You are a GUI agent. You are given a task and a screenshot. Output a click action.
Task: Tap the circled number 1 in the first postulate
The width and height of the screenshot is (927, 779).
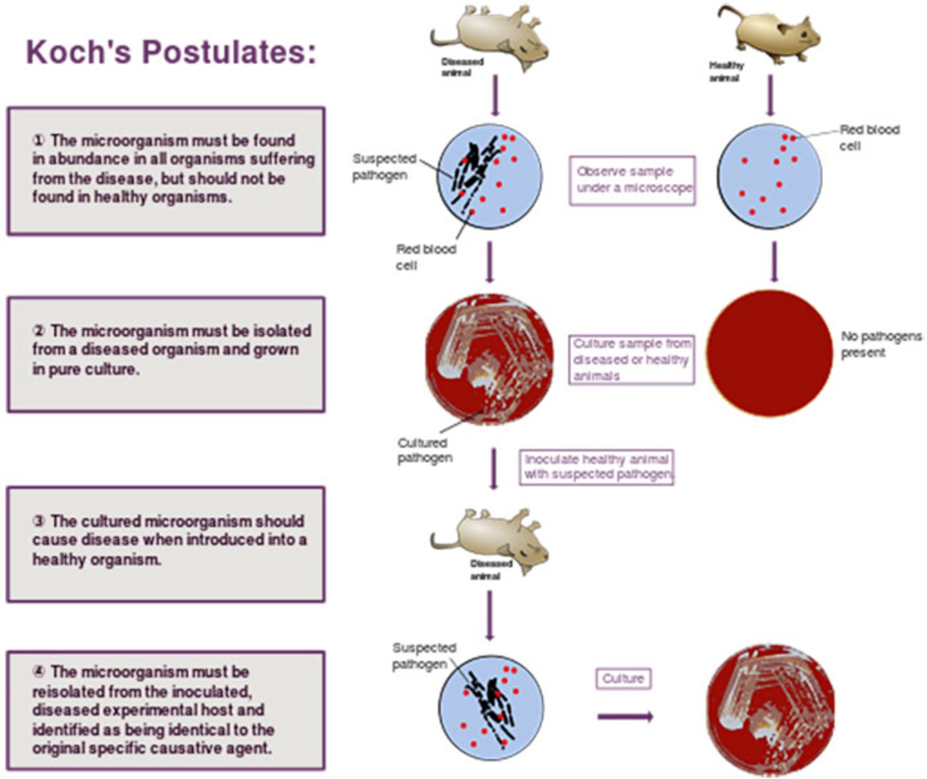pos(39,141)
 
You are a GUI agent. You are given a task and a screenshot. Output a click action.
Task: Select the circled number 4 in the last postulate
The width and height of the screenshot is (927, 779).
pos(39,672)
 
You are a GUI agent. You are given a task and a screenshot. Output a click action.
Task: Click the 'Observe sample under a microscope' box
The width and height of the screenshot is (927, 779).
pos(632,180)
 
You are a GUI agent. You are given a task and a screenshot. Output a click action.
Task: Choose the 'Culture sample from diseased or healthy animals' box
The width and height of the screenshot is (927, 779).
pos(632,360)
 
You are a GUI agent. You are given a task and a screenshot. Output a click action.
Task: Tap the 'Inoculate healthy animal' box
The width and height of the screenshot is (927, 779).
pos(596,467)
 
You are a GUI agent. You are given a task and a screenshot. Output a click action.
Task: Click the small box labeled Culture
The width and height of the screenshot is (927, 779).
pos(623,679)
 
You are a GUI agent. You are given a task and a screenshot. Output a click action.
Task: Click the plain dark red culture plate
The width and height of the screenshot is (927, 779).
pos(770,353)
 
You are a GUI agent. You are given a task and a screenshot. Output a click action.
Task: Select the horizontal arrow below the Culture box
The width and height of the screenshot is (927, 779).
pos(625,717)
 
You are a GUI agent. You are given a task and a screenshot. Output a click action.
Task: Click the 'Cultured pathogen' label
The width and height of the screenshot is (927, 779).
pos(424,450)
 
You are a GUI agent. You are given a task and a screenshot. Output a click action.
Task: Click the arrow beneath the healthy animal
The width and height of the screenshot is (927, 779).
pos(770,96)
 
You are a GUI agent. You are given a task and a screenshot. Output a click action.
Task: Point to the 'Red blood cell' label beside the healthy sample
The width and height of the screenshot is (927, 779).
pos(869,138)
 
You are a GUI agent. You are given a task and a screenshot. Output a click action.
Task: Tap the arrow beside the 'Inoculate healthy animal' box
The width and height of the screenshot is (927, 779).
pos(493,468)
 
